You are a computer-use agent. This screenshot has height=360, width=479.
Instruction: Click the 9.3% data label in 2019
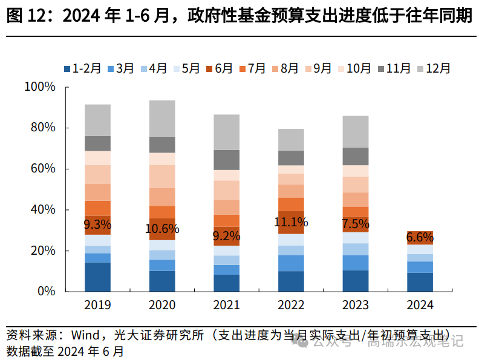97,225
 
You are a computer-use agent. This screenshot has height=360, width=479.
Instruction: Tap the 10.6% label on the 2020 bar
162,229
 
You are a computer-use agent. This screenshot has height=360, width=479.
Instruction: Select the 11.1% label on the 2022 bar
291,221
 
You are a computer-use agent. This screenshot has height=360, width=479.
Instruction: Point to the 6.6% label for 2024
420,237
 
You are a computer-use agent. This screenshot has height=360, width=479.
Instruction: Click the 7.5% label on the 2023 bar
355,224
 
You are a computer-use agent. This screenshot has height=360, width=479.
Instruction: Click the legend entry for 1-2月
82,68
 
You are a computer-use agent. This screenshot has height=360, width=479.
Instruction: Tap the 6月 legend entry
218,68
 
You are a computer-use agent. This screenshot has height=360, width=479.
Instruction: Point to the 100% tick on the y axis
40,87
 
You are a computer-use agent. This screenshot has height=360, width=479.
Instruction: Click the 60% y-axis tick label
43,169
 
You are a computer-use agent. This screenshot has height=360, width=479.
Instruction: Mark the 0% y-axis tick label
46,291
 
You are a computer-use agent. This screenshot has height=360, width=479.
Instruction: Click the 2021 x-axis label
226,305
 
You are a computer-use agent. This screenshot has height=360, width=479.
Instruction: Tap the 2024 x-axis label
420,305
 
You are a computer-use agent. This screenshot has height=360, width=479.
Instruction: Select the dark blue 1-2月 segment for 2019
97,277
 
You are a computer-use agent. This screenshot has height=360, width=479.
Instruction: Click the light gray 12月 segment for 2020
162,118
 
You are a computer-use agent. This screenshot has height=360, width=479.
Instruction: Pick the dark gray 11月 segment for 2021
226,160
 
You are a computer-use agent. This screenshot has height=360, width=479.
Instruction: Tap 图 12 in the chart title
24,16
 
